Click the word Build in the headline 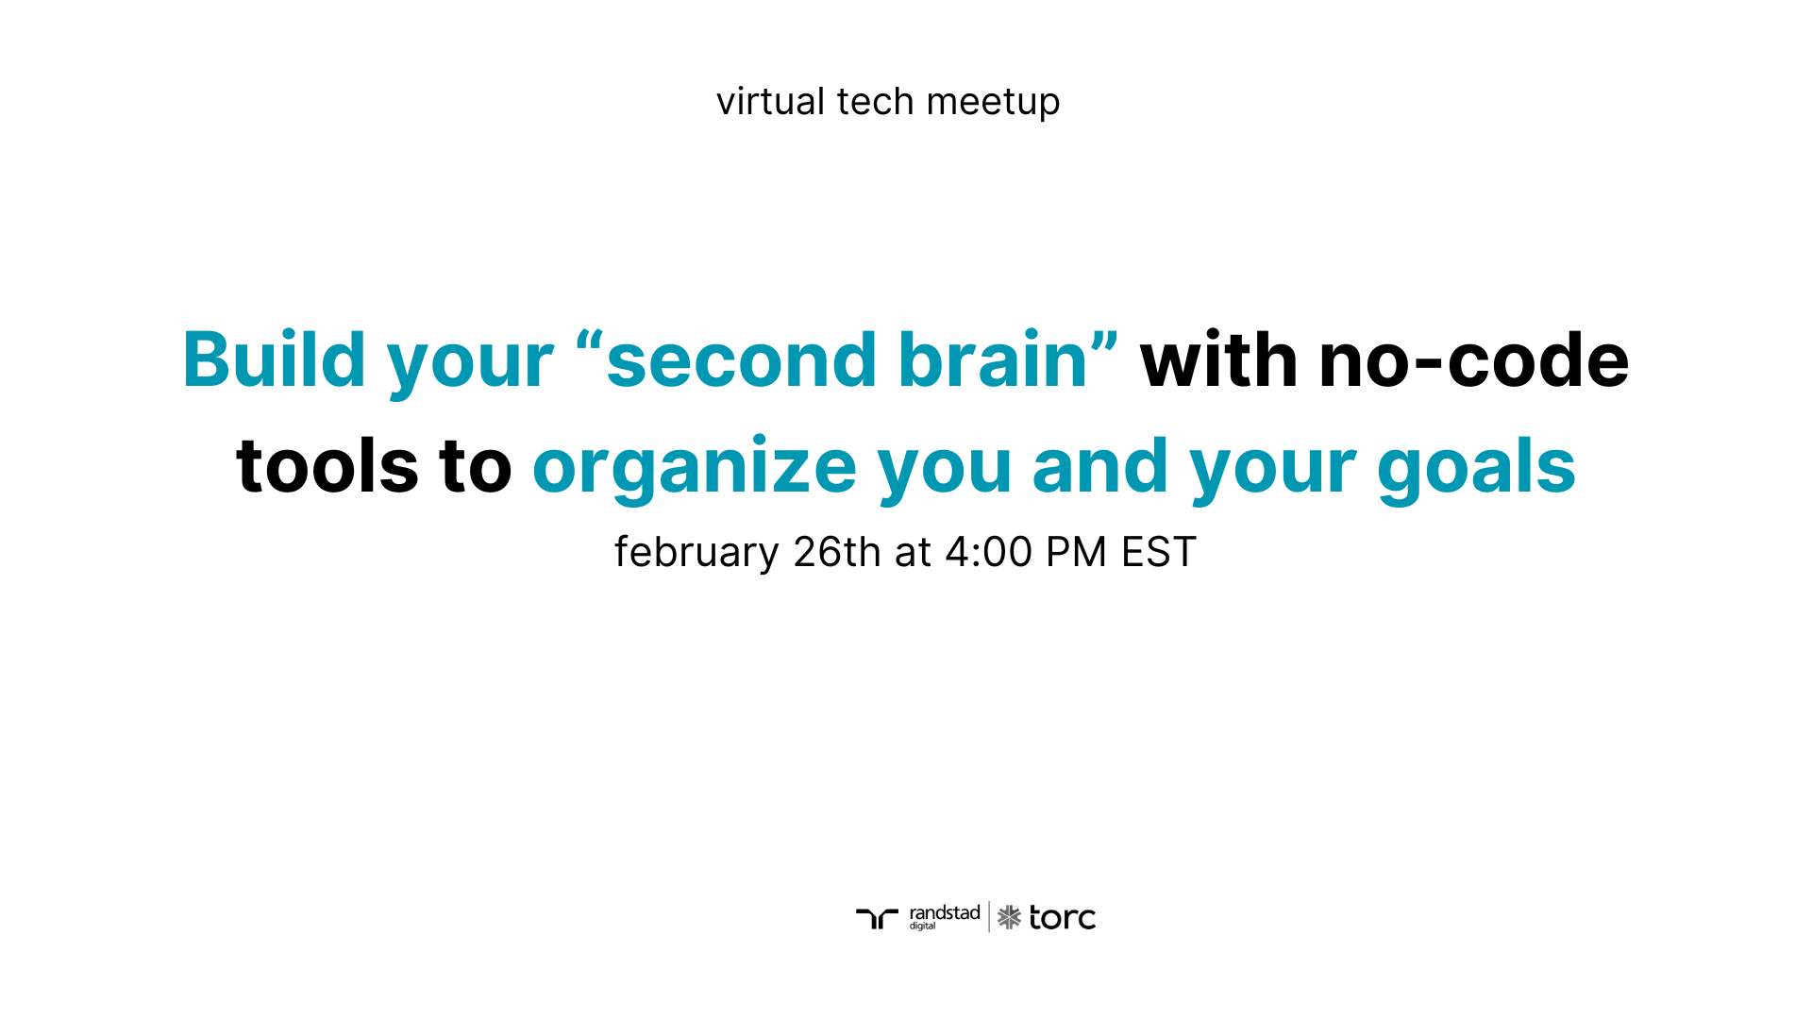(274, 360)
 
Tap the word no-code (1473, 360)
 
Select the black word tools (327, 466)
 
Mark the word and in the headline (1100, 466)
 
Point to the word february (696, 553)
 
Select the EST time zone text (1159, 552)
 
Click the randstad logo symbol (877, 918)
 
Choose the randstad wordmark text (945, 913)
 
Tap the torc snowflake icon (1009, 917)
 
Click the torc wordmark (1063, 918)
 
